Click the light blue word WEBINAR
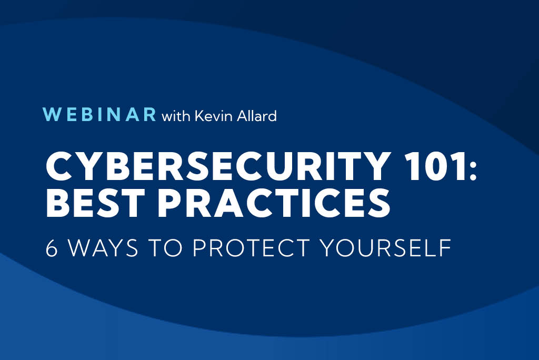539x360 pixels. pyautogui.click(x=99, y=115)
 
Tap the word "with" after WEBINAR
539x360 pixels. pyautogui.click(x=176, y=116)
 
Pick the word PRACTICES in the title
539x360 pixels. pyautogui.click(x=274, y=203)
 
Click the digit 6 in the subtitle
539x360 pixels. pyautogui.click(x=52, y=247)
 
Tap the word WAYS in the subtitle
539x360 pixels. pyautogui.click(x=103, y=247)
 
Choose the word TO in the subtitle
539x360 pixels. pyautogui.click(x=166, y=247)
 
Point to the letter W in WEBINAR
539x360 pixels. pyautogui.click(x=51, y=115)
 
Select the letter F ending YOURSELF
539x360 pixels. pyautogui.click(x=445, y=247)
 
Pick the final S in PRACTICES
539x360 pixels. pyautogui.click(x=380, y=203)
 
